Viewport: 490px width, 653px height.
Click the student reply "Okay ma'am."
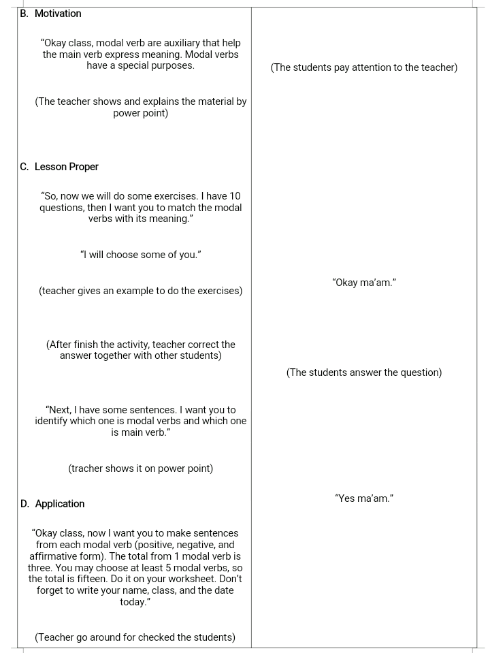tap(364, 283)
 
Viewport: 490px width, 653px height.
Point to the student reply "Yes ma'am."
tap(364, 498)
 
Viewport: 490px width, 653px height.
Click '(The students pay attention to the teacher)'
tap(364, 67)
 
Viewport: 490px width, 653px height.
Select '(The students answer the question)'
tap(364, 372)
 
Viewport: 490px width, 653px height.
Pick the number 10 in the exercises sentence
tap(235, 196)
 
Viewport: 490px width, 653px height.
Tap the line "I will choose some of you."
tap(141, 255)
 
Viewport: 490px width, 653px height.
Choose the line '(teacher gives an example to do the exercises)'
tap(141, 291)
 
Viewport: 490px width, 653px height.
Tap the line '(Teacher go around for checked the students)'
tap(135, 637)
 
